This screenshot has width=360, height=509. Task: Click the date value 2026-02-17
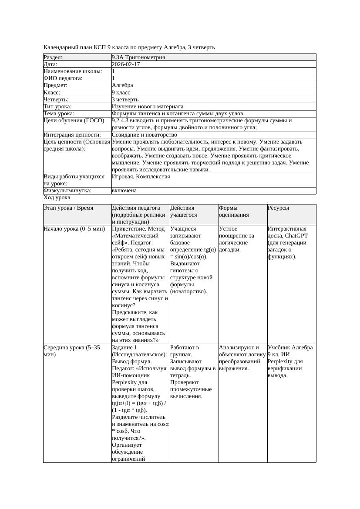tap(126, 64)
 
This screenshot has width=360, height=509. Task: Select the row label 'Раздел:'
tap(53, 57)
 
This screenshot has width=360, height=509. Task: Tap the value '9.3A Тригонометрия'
tap(138, 57)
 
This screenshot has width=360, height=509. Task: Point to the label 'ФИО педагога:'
tap(63, 78)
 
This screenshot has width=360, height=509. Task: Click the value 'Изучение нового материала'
tap(147, 106)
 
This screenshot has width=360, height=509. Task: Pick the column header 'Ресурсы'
tap(278, 208)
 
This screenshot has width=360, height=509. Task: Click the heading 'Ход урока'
tap(57, 198)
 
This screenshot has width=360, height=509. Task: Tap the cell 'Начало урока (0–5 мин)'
tap(74, 229)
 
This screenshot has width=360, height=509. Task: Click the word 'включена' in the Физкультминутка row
tap(124, 191)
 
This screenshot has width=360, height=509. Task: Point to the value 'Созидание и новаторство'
tap(144, 135)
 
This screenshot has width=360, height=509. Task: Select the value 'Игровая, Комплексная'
tap(141, 177)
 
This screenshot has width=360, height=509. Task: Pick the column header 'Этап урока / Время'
tap(68, 208)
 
